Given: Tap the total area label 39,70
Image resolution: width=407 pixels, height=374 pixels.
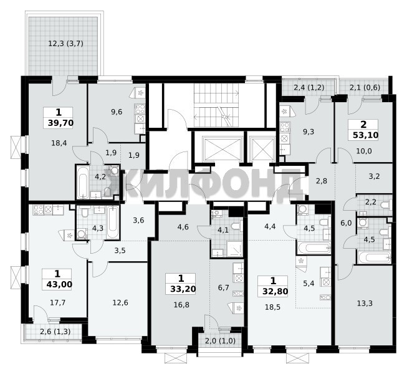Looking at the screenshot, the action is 60,123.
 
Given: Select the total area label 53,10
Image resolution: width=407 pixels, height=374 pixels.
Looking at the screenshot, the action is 365,135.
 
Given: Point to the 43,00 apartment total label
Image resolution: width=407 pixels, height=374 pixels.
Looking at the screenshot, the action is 59,284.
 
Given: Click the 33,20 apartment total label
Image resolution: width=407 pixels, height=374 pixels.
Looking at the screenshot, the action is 183,289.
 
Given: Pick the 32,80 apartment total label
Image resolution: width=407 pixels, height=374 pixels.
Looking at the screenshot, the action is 275,291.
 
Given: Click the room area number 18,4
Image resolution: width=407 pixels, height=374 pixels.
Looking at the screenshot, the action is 59,143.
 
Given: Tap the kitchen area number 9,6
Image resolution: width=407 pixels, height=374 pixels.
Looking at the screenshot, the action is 117,112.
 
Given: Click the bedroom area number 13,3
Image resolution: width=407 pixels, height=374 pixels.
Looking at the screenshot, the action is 365,303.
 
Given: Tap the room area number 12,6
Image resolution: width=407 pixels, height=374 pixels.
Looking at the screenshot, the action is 120,302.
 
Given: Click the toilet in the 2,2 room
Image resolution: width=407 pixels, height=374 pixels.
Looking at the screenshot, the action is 386,205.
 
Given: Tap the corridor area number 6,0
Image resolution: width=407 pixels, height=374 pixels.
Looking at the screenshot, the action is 346,223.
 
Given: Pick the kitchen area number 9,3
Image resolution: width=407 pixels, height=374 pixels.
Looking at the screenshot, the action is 309,132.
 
